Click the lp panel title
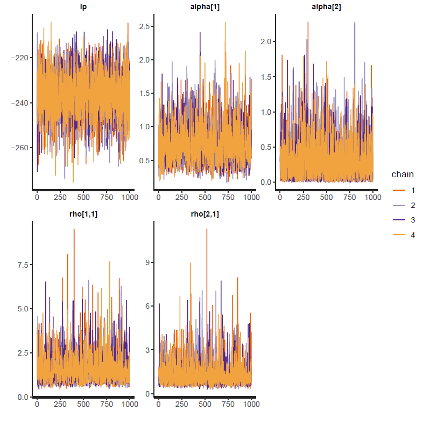pyautogui.click(x=83, y=7)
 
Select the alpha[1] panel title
pyautogui.click(x=205, y=7)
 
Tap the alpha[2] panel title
pyautogui.click(x=326, y=7)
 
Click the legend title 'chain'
pyautogui.click(x=402, y=175)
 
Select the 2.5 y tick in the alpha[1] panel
pyautogui.click(x=144, y=26)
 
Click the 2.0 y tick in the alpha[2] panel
pyautogui.click(x=266, y=41)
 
